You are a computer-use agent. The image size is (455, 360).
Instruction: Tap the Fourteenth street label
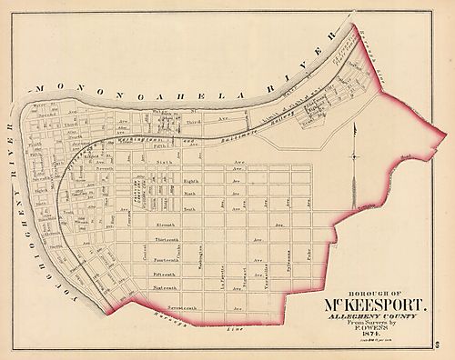[169, 259]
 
